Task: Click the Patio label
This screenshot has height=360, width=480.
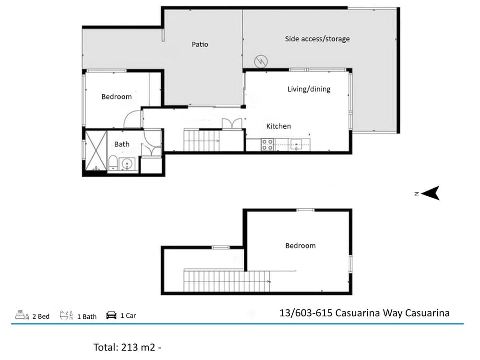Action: pyautogui.click(x=200, y=44)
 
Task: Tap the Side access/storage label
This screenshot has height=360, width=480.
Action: pyautogui.click(x=317, y=39)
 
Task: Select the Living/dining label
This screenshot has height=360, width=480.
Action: pyautogui.click(x=309, y=89)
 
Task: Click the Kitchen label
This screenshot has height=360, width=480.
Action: pyautogui.click(x=278, y=126)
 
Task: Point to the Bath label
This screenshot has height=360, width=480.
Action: pyautogui.click(x=122, y=144)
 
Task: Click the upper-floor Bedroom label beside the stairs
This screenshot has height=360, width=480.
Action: pyautogui.click(x=300, y=245)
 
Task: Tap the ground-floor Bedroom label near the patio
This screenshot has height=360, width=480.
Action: pyautogui.click(x=116, y=97)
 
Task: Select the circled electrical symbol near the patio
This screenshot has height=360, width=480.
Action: pyautogui.click(x=261, y=61)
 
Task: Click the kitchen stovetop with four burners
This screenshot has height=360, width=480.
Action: pyautogui.click(x=267, y=144)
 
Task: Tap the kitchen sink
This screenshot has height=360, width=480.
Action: pyautogui.click(x=296, y=144)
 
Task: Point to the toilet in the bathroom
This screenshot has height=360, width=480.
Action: pyautogui.click(x=113, y=163)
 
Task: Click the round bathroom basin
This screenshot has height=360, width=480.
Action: pyautogui.click(x=127, y=164)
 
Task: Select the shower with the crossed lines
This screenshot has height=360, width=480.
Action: pyautogui.click(x=96, y=150)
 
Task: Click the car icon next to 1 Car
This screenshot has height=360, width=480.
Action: pyautogui.click(x=111, y=315)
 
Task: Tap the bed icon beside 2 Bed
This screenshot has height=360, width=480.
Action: pyautogui.click(x=22, y=315)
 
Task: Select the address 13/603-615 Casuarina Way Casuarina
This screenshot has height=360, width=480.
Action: pyautogui.click(x=365, y=313)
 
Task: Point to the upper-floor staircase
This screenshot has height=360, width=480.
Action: pyautogui.click(x=227, y=281)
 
